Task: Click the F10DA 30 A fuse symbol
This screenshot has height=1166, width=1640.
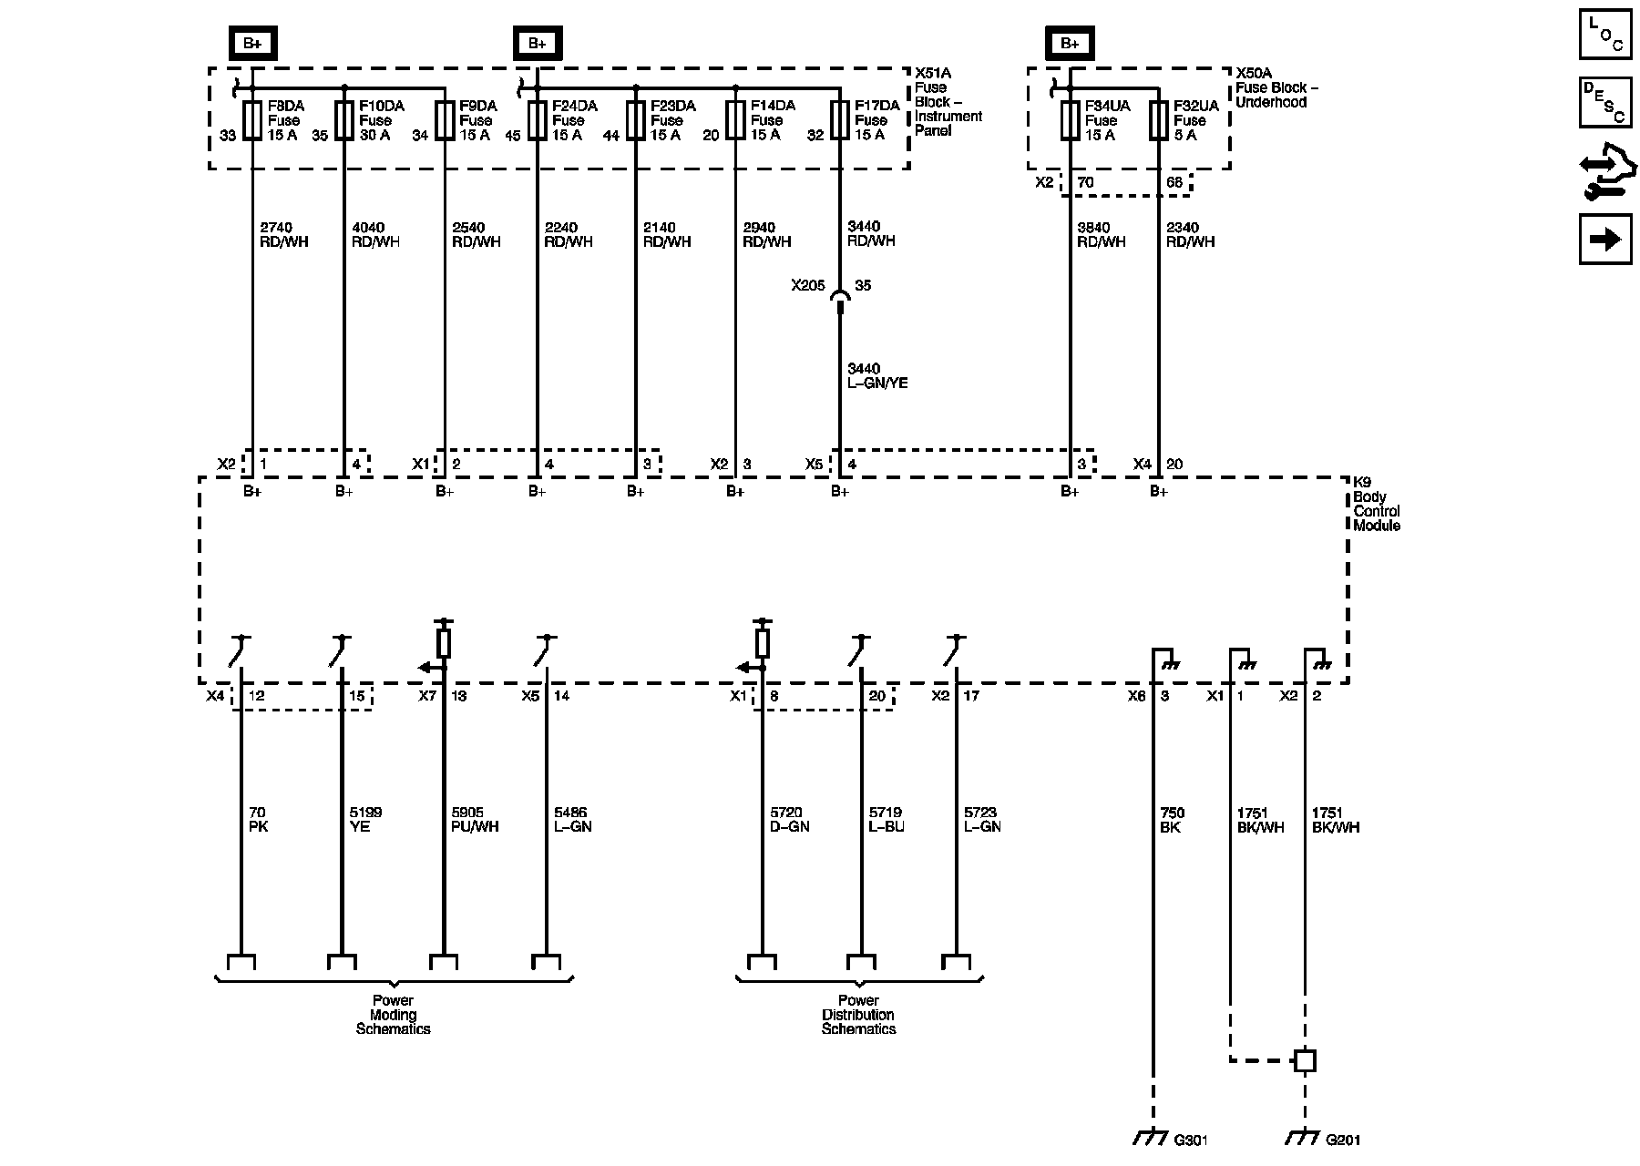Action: [x=343, y=120]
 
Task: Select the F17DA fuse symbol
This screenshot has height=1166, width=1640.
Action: [x=839, y=120]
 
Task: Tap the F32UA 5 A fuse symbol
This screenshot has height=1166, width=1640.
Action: [x=1159, y=120]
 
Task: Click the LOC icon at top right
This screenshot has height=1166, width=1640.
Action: [x=1604, y=34]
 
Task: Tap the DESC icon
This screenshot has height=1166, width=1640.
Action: [x=1604, y=102]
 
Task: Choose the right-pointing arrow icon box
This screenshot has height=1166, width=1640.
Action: [x=1604, y=239]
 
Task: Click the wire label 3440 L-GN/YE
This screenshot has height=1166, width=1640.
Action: [x=876, y=376]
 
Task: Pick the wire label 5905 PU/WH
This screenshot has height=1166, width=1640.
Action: [x=475, y=820]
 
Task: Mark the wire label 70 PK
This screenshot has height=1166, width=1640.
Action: [x=259, y=820]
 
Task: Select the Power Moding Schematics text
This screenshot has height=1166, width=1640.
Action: [x=394, y=1015]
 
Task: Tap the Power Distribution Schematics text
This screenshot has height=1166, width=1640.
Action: [x=858, y=1015]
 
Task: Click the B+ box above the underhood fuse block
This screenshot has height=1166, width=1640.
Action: [x=1070, y=43]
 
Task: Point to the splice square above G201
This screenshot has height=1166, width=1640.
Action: [x=1305, y=1060]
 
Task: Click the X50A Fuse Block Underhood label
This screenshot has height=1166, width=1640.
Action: [x=1276, y=87]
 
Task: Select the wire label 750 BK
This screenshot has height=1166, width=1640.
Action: [x=1172, y=820]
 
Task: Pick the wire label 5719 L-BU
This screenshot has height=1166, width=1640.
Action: [x=886, y=820]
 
